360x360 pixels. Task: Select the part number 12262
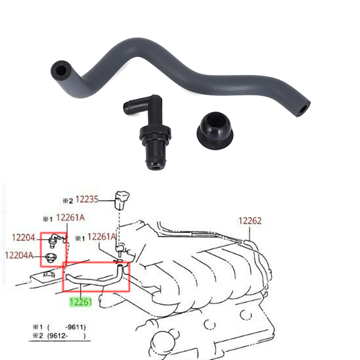point(250,221)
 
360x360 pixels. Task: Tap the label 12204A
point(19,255)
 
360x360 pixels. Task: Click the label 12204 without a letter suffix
point(23,237)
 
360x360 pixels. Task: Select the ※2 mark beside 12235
point(68,201)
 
